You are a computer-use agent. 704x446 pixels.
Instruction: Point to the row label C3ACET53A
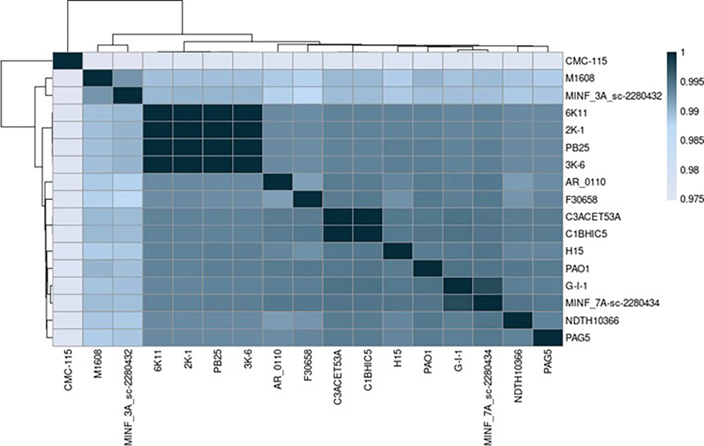[593, 217]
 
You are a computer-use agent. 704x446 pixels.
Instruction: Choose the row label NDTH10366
[592, 320]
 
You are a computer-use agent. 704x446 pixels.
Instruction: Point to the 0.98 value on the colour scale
[690, 170]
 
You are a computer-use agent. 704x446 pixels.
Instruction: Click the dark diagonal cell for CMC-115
[67, 61]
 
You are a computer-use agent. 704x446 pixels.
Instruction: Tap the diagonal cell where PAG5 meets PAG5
[548, 337]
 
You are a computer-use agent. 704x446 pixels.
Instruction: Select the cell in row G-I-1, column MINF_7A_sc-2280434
[488, 286]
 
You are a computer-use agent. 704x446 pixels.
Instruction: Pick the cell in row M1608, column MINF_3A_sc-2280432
[127, 78]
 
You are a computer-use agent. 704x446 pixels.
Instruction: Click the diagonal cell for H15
[398, 251]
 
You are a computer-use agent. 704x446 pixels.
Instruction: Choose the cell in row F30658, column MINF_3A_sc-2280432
[127, 199]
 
